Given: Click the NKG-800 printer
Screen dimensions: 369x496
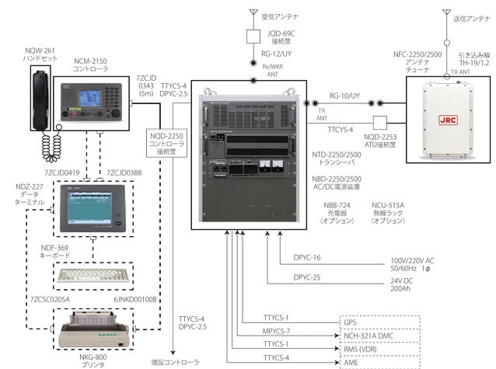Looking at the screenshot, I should tap(92, 328).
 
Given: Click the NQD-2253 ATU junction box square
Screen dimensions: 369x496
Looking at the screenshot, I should tap(380, 123).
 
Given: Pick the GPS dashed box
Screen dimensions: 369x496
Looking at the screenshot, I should tap(379, 322).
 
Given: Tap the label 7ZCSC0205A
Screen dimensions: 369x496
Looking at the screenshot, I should tap(48, 299).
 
